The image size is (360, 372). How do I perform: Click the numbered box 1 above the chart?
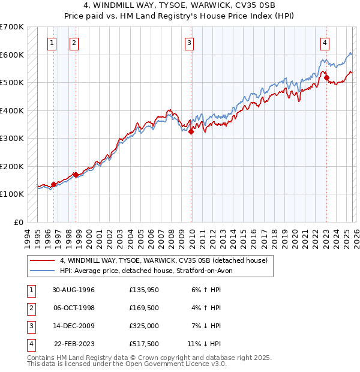[52, 43]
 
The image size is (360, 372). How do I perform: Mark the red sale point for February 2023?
[326, 77]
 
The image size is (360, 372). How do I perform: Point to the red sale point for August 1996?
[53, 184]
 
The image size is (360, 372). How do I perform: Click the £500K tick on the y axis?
[11, 82]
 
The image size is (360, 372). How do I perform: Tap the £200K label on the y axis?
[11, 166]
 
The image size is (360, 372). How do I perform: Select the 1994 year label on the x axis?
[27, 237]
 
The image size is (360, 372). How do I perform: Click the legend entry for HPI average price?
[150, 271]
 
